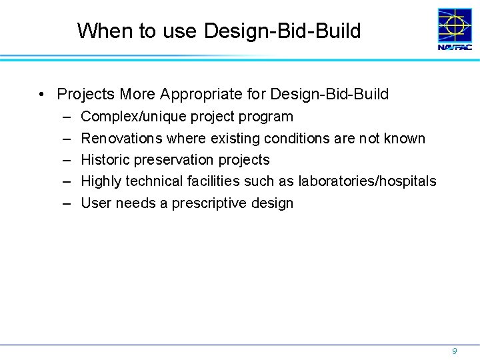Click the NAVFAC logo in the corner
[x=455, y=29]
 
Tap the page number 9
[x=454, y=351]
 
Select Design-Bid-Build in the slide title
[x=283, y=31]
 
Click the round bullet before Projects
[x=42, y=95]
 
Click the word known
[x=404, y=138]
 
